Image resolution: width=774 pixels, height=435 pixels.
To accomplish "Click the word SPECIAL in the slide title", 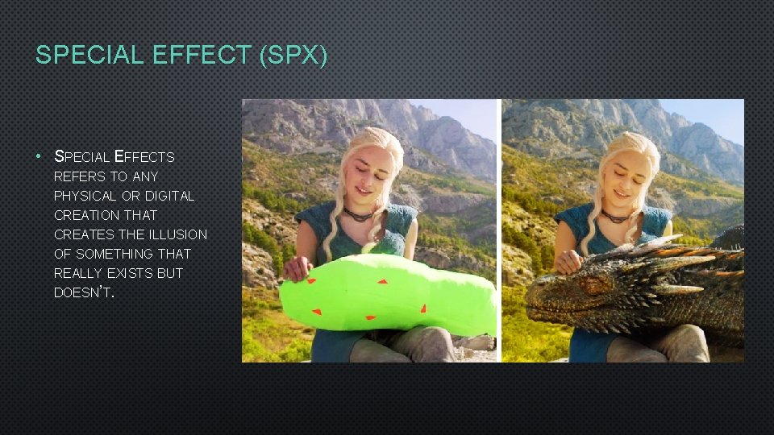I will pos(77,55).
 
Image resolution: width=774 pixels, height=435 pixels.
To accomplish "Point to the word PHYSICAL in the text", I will pos(84,196).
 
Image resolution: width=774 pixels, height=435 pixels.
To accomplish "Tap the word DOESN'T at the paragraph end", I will pos(84,292).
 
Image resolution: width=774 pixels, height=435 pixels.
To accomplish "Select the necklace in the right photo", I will pos(616,216).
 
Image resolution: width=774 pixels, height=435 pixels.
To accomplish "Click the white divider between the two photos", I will pos(499,230).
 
